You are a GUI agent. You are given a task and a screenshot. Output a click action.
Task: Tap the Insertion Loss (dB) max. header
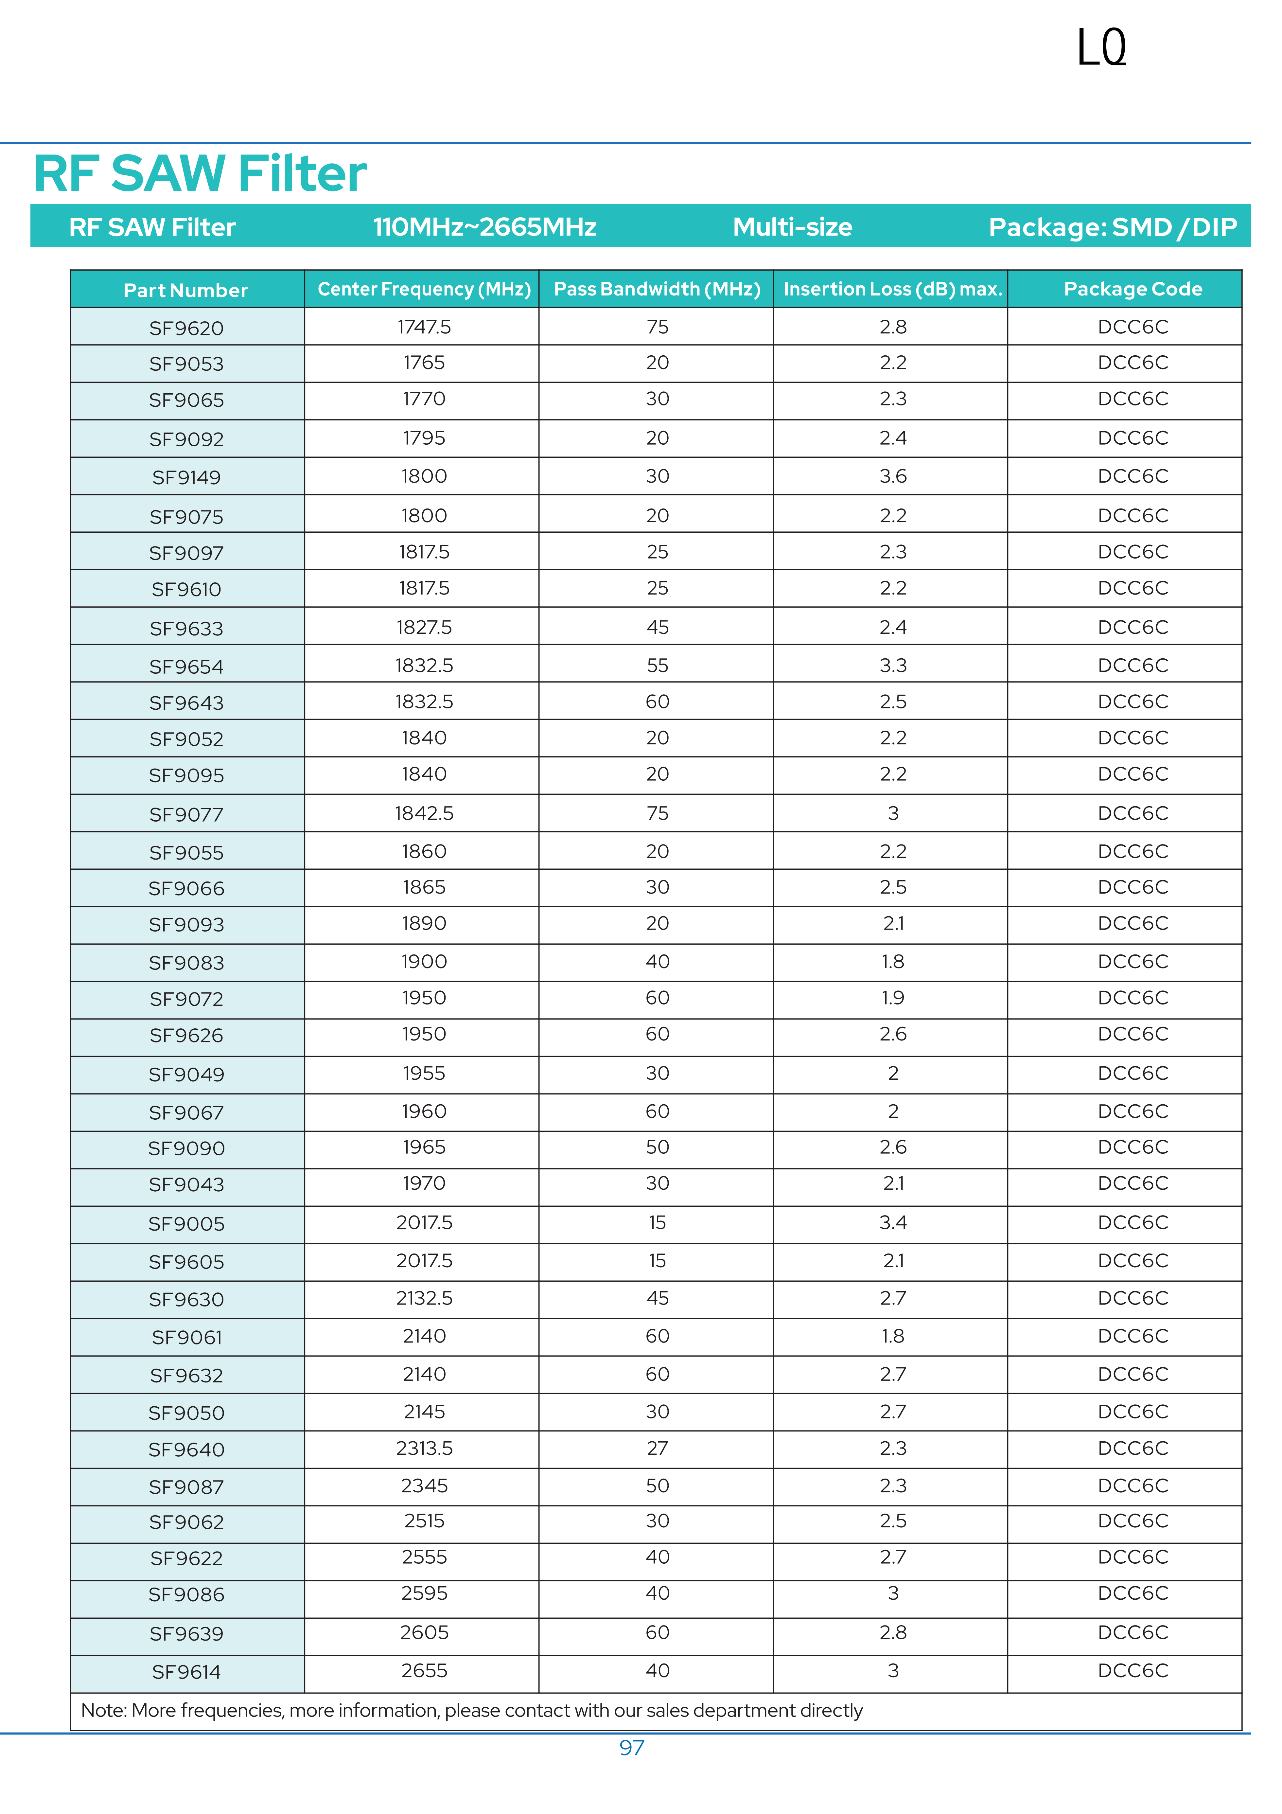[x=893, y=289]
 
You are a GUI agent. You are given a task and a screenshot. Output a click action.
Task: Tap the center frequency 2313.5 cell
[x=424, y=1448]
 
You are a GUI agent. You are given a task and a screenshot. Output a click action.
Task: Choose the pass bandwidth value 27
[x=657, y=1448]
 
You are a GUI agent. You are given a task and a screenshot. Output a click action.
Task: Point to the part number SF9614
[x=186, y=1672]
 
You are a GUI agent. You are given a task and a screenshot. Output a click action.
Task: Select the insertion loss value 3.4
[x=893, y=1222]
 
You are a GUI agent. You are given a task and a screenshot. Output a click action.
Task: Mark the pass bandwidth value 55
[x=657, y=665]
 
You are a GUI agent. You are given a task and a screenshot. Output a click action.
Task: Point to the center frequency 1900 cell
[x=424, y=962]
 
